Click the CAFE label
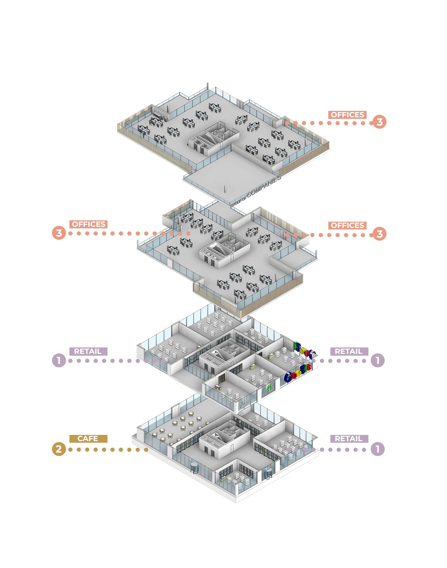coord(88,439)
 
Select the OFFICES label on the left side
coord(88,224)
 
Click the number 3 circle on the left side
coord(59,233)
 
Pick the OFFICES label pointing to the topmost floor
coord(347,115)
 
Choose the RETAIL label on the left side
coord(88,351)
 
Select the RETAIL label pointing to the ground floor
coord(349,439)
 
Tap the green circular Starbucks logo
coord(269,388)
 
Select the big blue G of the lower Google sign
coord(288,377)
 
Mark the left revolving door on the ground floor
coord(195,467)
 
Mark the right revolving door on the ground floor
coord(267,473)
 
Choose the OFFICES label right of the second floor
coord(347,225)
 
